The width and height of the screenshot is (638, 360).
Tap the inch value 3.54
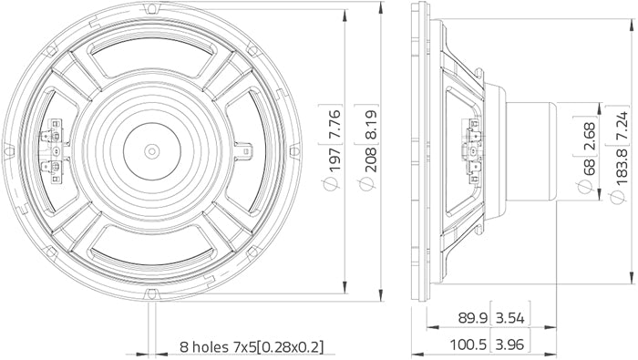(511, 317)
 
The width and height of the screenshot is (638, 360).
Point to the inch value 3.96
(511, 345)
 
